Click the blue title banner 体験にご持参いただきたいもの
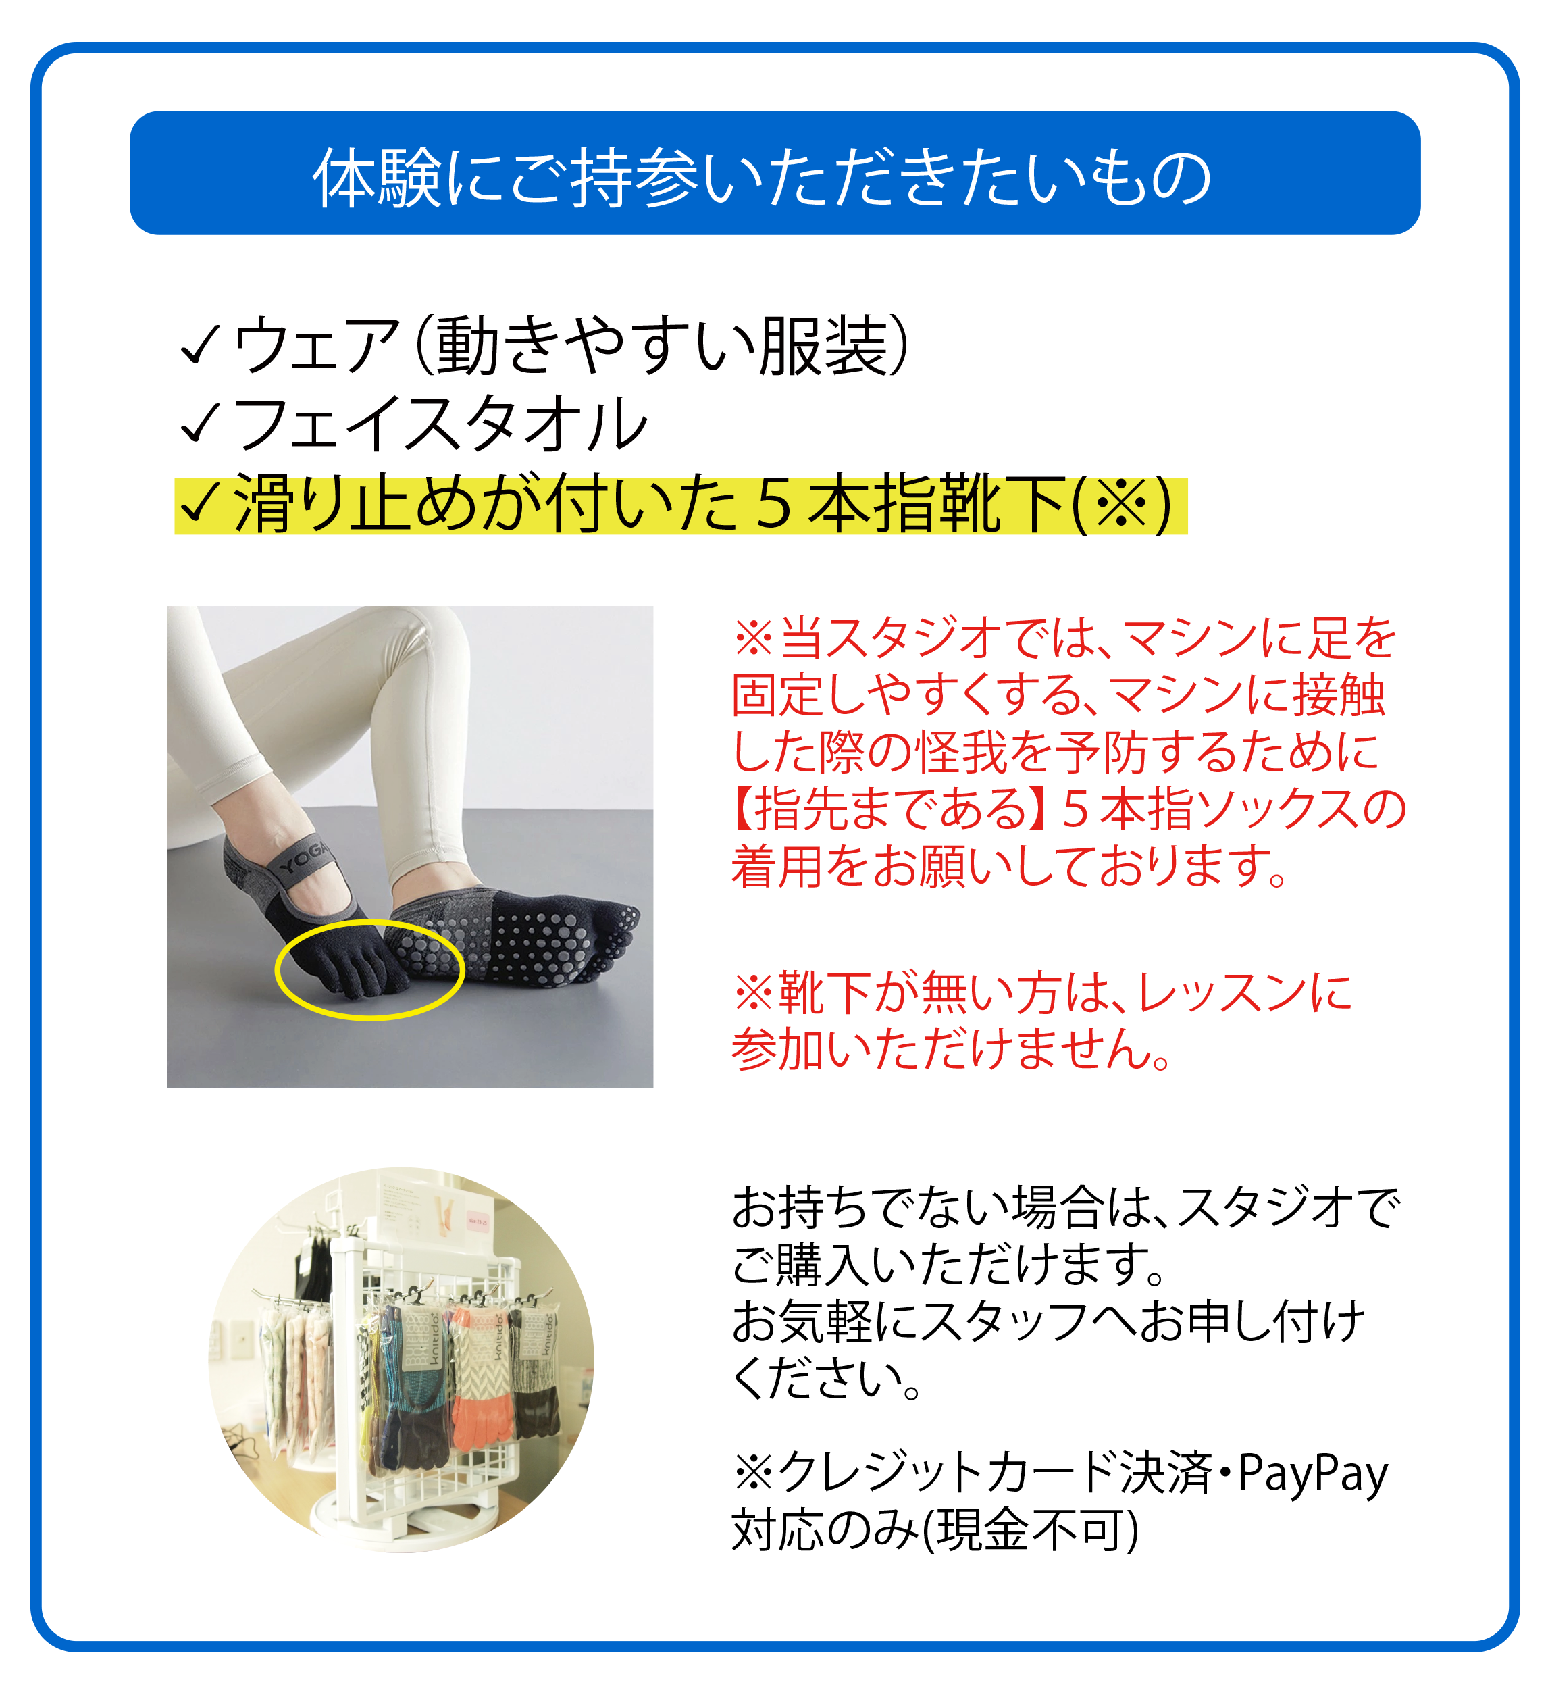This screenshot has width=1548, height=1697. [x=775, y=174]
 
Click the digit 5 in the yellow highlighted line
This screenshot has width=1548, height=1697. [x=773, y=505]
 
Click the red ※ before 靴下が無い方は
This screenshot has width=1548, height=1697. [x=753, y=992]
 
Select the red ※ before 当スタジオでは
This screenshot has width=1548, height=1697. [x=753, y=637]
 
